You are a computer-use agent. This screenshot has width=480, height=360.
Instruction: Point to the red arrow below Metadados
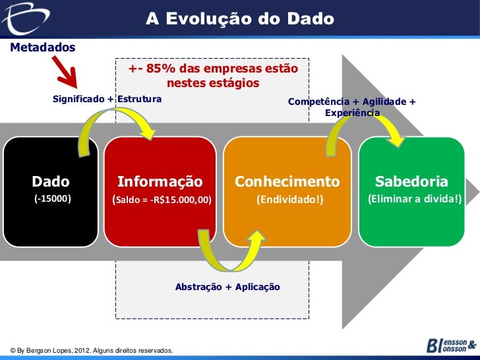pos(66,73)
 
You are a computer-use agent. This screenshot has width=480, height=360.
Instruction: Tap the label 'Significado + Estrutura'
pos(107,100)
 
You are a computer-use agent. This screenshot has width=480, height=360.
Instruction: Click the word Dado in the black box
pos(51,181)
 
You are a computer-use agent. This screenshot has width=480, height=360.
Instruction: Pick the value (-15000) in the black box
pos(53,198)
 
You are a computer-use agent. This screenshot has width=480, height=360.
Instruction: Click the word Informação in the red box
pos(160,181)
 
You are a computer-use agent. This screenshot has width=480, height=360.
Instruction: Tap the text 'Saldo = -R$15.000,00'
pos(162,198)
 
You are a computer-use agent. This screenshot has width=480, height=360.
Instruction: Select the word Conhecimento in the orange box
pos(287,181)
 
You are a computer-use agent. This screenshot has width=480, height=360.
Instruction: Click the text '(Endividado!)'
pos(290,198)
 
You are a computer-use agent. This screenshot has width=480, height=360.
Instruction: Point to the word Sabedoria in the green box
pos(411,181)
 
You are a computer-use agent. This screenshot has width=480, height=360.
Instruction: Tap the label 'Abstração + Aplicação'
pos(227,287)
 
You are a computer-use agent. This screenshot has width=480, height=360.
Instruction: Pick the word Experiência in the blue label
pos(352,113)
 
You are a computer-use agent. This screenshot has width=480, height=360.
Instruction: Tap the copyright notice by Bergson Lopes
pos(89,349)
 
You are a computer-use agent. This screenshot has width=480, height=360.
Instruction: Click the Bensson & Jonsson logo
pos(451,345)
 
